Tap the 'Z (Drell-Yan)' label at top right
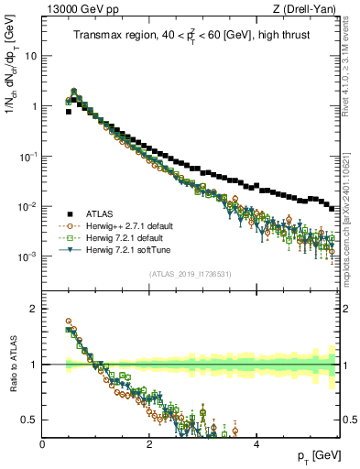click(x=307, y=8)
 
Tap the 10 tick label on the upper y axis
click(x=30, y=56)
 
